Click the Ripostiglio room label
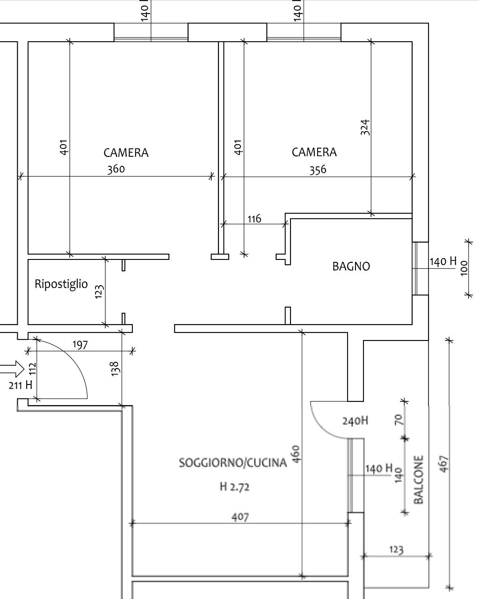coord(61,284)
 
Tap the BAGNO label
coord(351,266)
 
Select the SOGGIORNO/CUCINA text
coord(232,463)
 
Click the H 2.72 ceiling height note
coord(235,487)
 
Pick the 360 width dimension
coord(116,169)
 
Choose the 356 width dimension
coord(318,170)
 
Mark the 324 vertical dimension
coord(365,127)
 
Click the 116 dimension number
coord(254,219)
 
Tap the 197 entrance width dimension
coord(80,345)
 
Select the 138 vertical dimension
coord(115,369)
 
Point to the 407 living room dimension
coord(240,517)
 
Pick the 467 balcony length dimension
coord(444,464)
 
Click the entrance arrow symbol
coord(12,369)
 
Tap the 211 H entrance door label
coord(21,385)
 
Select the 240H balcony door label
coord(355,421)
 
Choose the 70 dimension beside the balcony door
coord(398,420)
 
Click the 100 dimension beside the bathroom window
coord(464,268)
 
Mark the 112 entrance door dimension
coord(33,369)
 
